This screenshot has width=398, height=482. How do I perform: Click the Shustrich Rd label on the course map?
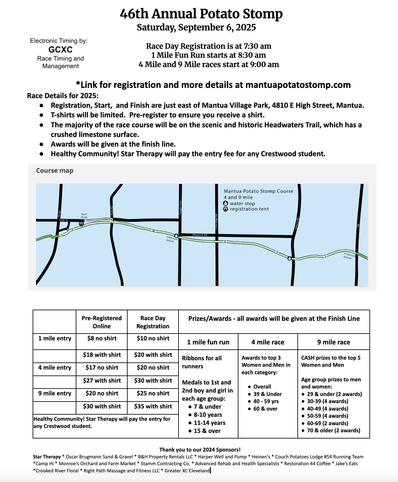(200, 235)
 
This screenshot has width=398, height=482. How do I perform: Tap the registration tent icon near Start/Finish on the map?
(81, 224)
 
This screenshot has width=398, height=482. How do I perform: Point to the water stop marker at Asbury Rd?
(290, 258)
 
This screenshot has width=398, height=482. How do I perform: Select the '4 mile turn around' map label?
(171, 239)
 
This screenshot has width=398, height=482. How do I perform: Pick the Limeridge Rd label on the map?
(216, 221)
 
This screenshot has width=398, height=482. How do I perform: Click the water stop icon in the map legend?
(226, 203)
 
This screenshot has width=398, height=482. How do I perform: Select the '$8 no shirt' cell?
(102, 338)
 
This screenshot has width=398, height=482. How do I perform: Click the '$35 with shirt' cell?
(153, 406)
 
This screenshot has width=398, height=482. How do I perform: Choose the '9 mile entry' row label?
(55, 393)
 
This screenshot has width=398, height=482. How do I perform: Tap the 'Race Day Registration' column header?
(153, 322)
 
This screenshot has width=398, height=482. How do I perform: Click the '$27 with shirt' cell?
(102, 380)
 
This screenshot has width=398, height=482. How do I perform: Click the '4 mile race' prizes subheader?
(268, 342)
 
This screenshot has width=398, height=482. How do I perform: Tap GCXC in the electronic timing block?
(61, 50)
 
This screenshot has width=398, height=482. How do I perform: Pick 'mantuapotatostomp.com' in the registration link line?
(298, 85)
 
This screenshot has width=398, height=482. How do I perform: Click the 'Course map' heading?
(55, 171)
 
